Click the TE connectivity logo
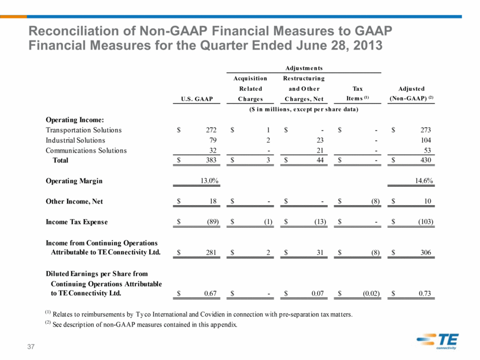[437, 341]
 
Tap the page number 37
[31, 347]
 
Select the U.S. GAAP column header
[197, 99]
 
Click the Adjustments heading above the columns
[304, 68]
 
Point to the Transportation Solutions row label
[84, 130]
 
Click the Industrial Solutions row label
[75, 140]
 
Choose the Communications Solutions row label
[86, 150]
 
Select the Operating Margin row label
[74, 181]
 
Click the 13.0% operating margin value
[209, 181]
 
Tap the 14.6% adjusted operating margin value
[424, 181]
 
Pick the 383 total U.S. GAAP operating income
[211, 160]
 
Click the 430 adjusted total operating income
[426, 160]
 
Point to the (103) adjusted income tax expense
[426, 222]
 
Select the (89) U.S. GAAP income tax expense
[213, 222]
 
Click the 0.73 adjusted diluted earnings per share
[425, 294]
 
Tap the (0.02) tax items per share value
[371, 294]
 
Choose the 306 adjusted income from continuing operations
[426, 253]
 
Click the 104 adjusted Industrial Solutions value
[426, 140]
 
